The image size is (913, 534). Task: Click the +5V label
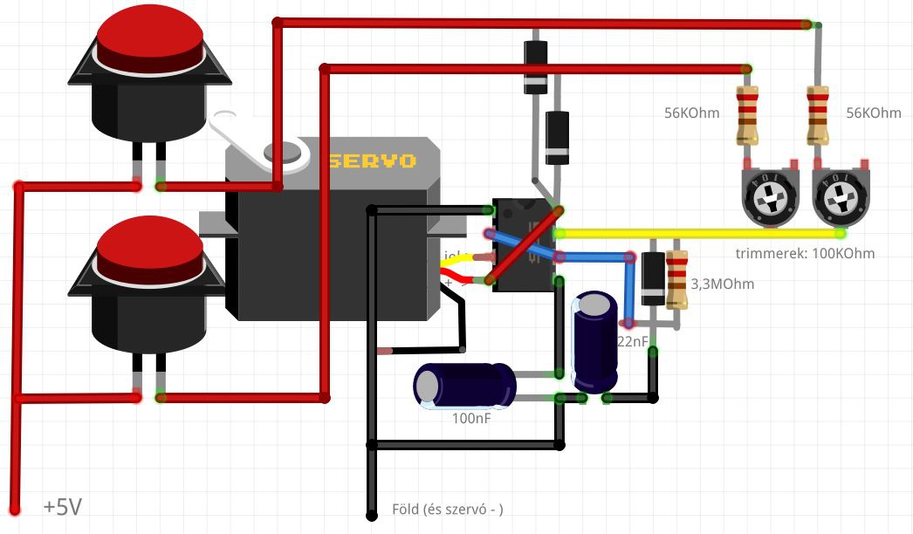coord(63,507)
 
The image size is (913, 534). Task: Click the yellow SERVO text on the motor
coord(372,161)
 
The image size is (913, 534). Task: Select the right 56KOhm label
coord(874,113)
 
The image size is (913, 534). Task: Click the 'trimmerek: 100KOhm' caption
coord(806,254)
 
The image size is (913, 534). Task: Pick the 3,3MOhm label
coord(722,284)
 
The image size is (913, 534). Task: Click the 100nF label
coord(471,419)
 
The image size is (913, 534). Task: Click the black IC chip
coord(524,244)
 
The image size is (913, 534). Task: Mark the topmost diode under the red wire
coord(535,66)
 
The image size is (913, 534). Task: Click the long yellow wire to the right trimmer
coord(698,233)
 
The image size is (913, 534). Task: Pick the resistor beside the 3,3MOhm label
coord(676,279)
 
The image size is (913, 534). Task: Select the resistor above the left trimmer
coord(748,115)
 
